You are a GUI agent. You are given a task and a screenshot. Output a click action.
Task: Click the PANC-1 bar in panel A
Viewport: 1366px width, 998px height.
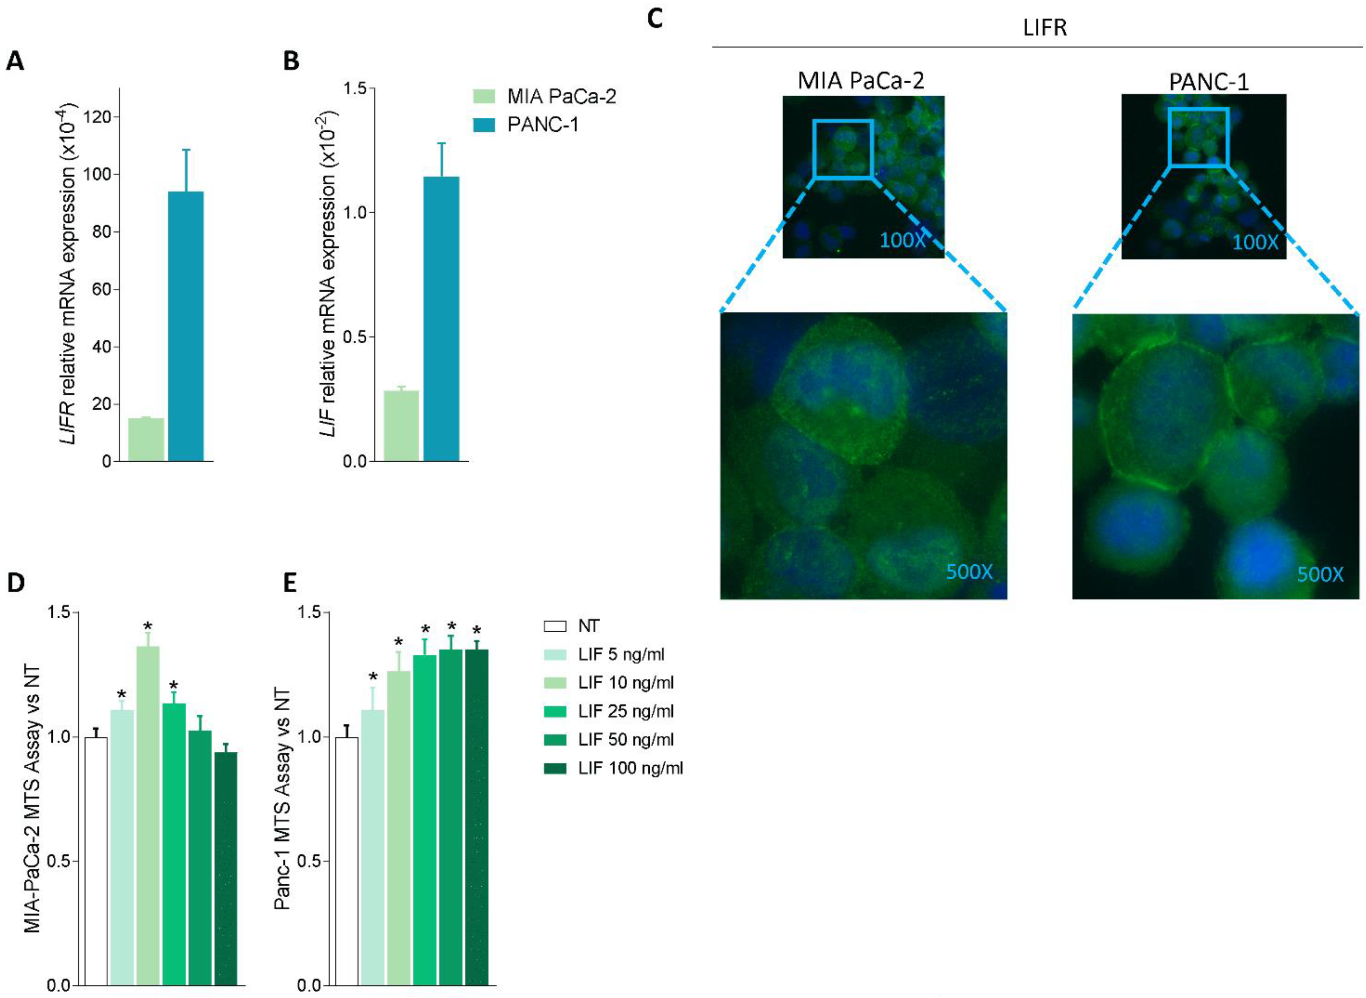point(185,326)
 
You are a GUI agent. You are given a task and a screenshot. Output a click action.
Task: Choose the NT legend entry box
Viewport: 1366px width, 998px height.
point(555,626)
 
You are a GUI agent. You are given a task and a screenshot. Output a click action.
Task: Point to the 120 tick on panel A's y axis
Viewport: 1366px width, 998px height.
point(98,117)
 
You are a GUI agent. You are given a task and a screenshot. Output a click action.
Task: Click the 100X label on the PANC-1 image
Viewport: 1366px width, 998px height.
point(1255,242)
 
